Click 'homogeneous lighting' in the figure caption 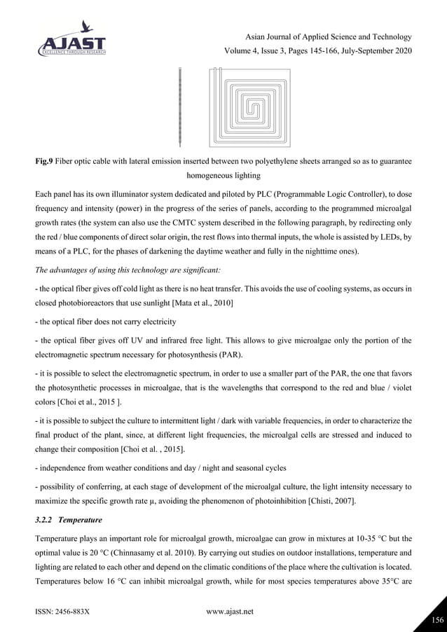point(223,177)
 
